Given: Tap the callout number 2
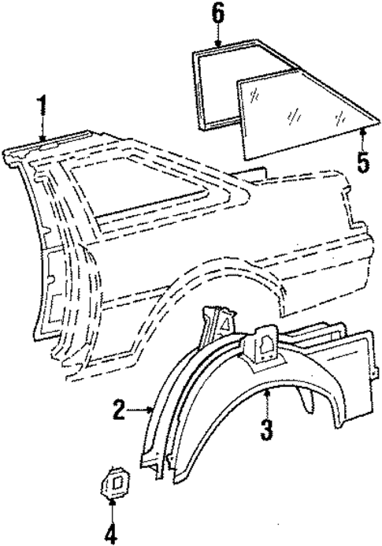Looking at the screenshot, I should pos(119,410).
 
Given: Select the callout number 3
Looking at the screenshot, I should pos(267,431).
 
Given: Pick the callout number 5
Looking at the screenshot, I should pos(362,164).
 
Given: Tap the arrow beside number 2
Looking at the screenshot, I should pos(142,409).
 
